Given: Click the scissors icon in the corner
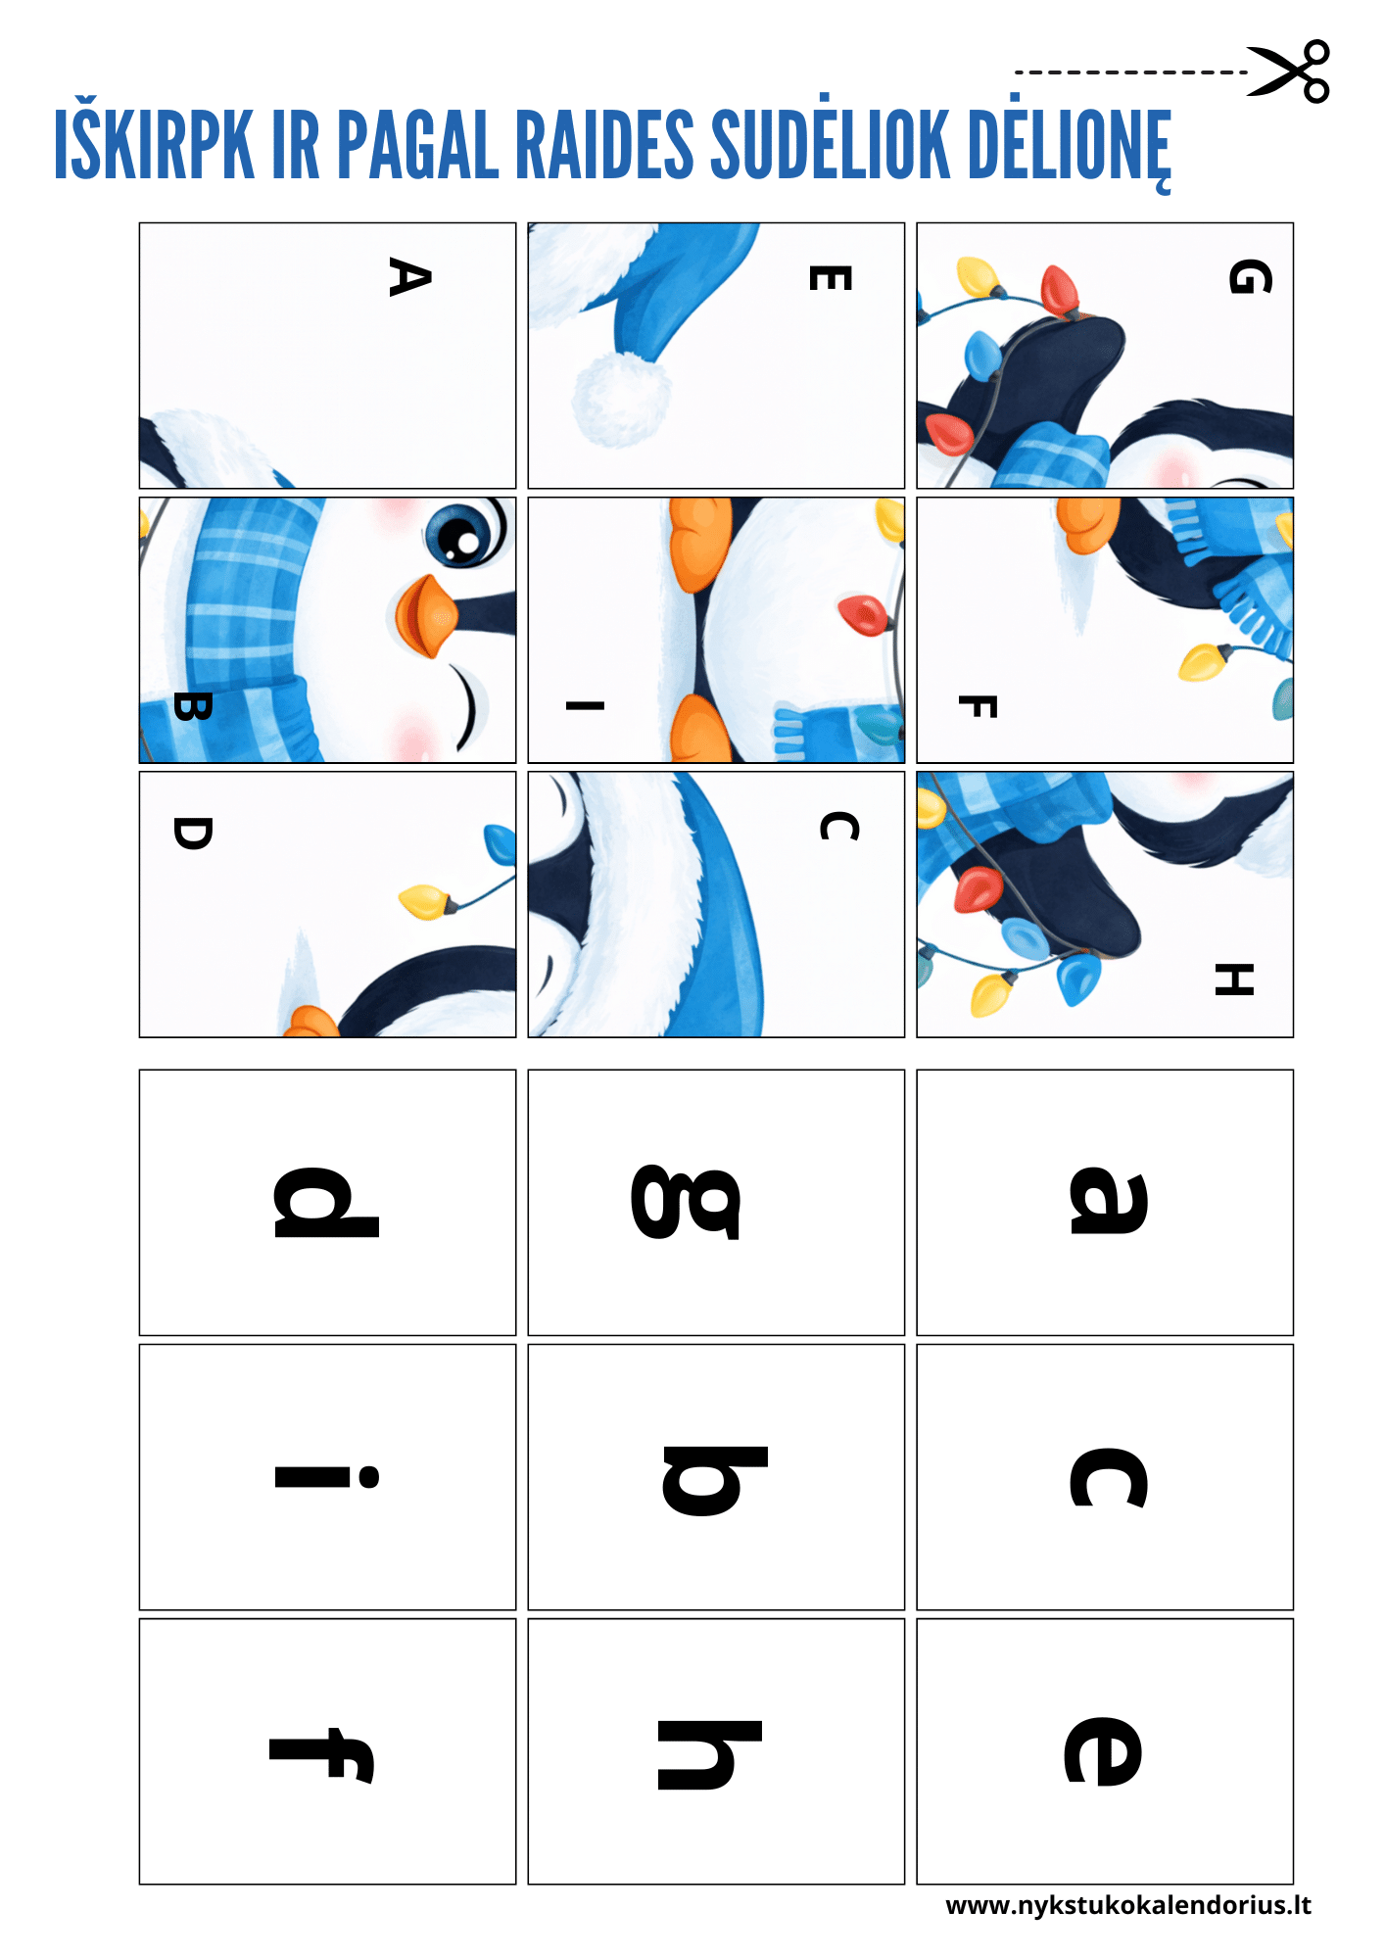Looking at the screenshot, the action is [x=1288, y=72].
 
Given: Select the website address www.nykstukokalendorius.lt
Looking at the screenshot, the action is [x=1128, y=1905].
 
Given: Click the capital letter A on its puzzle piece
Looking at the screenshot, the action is [x=409, y=277].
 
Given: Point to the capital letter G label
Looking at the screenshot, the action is [x=1250, y=277].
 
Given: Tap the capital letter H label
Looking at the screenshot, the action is [x=1234, y=979].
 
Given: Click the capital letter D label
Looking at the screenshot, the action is [x=192, y=834].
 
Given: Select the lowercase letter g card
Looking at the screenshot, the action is [x=716, y=1203].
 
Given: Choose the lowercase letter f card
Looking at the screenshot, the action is [x=327, y=1751].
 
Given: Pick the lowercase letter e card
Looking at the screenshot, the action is [x=1105, y=1751].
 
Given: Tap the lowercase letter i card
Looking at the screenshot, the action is [x=327, y=1477].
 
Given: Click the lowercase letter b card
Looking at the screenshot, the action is [x=716, y=1477].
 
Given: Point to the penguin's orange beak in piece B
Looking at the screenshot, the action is [x=425, y=615].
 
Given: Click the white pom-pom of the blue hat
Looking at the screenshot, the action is [x=621, y=399].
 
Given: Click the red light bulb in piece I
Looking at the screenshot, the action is [x=864, y=613].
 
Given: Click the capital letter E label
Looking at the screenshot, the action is [x=830, y=278].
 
